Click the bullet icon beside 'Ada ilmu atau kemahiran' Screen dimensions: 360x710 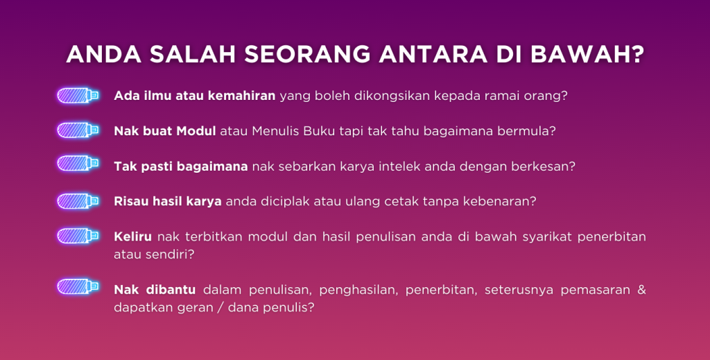[78, 95]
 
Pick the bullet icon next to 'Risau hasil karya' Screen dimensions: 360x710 [78, 201]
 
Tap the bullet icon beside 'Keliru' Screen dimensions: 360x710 [78, 237]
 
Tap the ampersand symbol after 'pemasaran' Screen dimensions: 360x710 [641, 289]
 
